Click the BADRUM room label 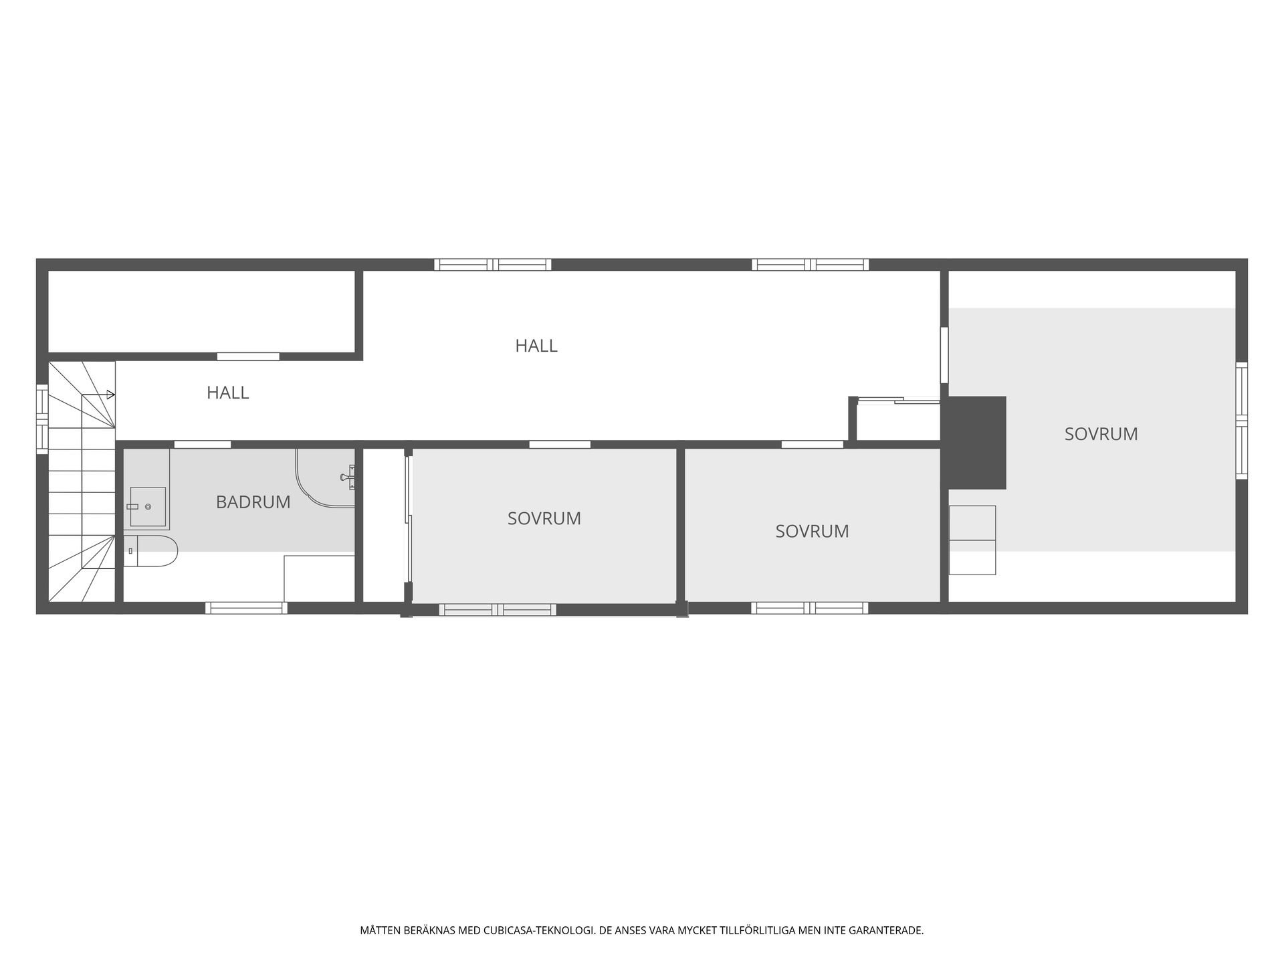click(253, 502)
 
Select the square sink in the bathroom click(147, 506)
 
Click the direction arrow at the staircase click(98, 395)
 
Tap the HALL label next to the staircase click(227, 393)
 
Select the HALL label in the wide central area click(536, 346)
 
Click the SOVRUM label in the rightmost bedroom click(1101, 434)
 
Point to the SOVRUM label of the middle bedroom click(812, 531)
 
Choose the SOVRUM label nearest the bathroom click(544, 518)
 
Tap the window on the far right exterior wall click(1241, 421)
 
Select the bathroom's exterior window click(246, 608)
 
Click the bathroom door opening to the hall click(203, 444)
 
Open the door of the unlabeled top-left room click(248, 356)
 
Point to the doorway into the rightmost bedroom click(944, 354)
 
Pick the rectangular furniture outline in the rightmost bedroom click(972, 540)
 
